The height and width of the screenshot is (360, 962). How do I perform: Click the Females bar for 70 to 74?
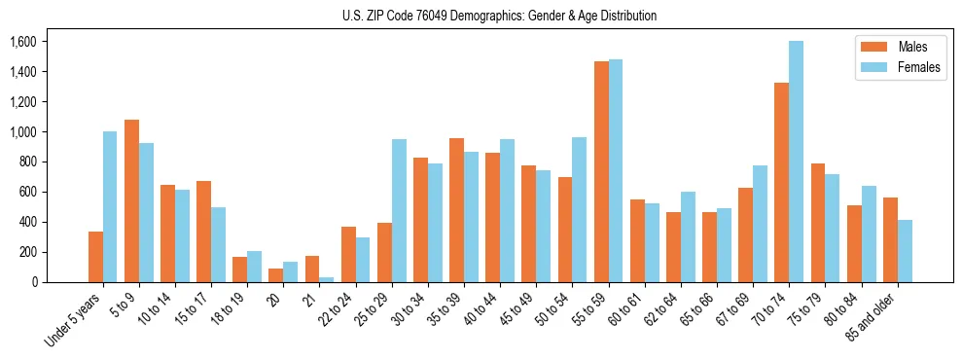point(796,162)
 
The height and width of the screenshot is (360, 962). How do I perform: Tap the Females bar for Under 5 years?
point(110,206)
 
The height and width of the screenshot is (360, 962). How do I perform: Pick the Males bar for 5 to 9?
point(131,200)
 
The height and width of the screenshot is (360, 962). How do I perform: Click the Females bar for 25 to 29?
point(399,210)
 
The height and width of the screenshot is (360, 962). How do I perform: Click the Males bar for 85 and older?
point(890,239)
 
